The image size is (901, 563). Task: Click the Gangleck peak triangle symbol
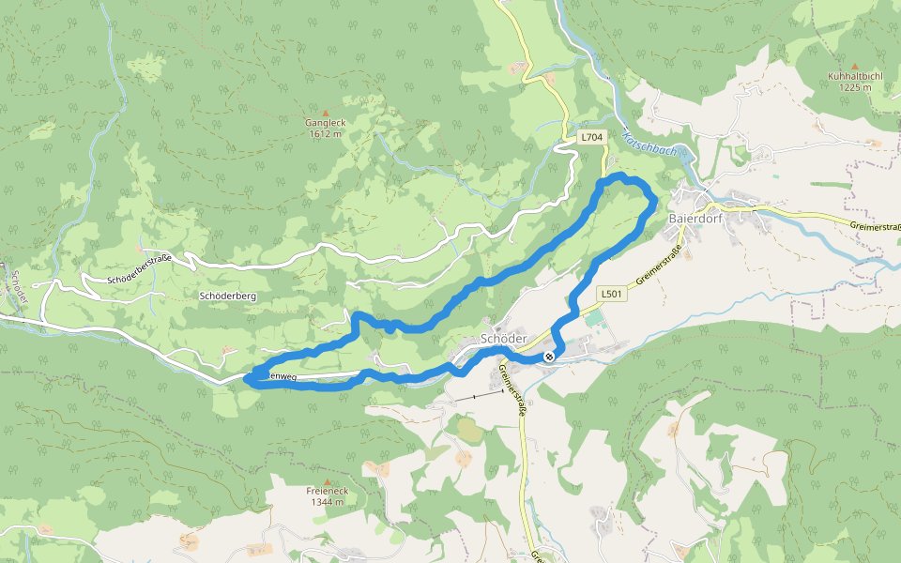[326, 113]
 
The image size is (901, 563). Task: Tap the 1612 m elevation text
[326, 133]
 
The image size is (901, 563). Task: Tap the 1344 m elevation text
[327, 502]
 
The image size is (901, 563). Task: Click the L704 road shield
[591, 137]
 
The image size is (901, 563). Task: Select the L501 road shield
[611, 294]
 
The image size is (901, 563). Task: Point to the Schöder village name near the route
[501, 338]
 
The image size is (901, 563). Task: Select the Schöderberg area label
[228, 296]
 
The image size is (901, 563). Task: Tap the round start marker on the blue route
[549, 357]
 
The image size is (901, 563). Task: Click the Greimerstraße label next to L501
[657, 273]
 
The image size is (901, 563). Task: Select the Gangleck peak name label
[326, 123]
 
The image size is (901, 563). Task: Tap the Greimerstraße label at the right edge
[875, 226]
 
